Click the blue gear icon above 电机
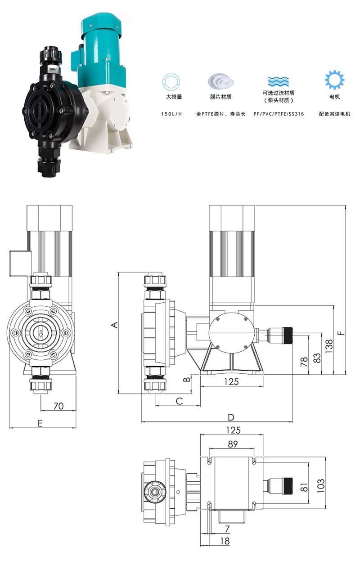[334, 80]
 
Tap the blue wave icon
[279, 81]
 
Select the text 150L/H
[171, 114]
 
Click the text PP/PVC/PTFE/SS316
[279, 114]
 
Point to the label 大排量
[174, 97]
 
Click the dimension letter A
[114, 325]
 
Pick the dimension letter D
[231, 417]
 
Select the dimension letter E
[40, 423]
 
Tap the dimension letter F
[341, 333]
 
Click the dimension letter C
[179, 401]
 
